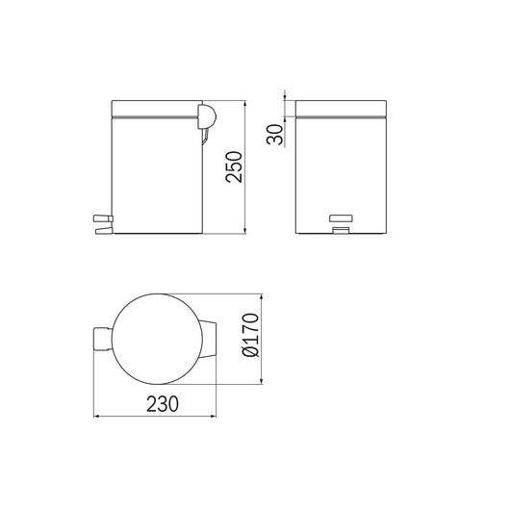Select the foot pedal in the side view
click(x=102, y=224)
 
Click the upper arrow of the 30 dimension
click(x=286, y=96)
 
